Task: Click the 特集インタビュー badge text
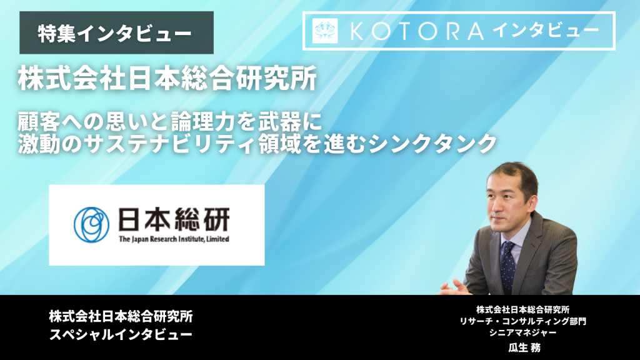[115, 34]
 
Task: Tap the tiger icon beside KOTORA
[325, 31]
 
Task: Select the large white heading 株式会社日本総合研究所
[167, 79]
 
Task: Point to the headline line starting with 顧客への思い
[170, 122]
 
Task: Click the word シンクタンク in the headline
[432, 144]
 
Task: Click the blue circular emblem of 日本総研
[91, 224]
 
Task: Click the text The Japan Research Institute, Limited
[174, 239]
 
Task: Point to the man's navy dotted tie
[507, 265]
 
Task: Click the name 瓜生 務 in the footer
[524, 347]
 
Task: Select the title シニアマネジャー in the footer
[523, 332]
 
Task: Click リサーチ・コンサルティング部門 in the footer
[523, 321]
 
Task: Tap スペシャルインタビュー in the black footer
[121, 335]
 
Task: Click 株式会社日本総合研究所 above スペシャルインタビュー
[121, 316]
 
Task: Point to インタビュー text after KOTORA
[545, 31]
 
